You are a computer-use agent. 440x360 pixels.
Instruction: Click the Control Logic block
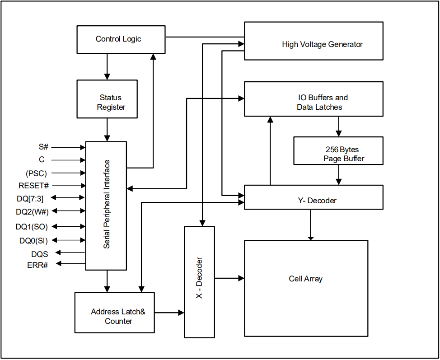118,39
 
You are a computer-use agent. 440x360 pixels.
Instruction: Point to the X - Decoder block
199,281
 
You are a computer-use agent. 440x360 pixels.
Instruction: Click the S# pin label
43,147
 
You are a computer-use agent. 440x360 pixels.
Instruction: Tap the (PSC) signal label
36,173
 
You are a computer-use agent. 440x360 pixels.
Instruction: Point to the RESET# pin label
33,186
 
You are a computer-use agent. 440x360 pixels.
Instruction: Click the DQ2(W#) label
32,211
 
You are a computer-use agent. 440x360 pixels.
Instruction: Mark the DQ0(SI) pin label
33,241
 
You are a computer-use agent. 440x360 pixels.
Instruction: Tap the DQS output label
40,254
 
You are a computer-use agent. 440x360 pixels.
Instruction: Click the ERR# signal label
37,265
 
